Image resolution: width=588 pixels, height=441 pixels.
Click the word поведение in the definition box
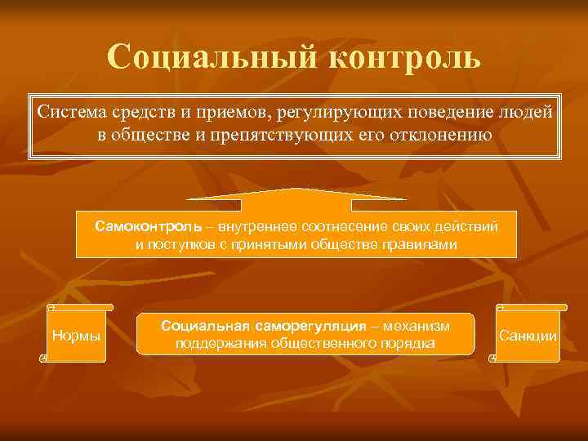[460, 111]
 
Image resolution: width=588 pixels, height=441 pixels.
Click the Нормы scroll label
[76, 336]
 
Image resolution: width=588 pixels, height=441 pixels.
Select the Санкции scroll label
[528, 336]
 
